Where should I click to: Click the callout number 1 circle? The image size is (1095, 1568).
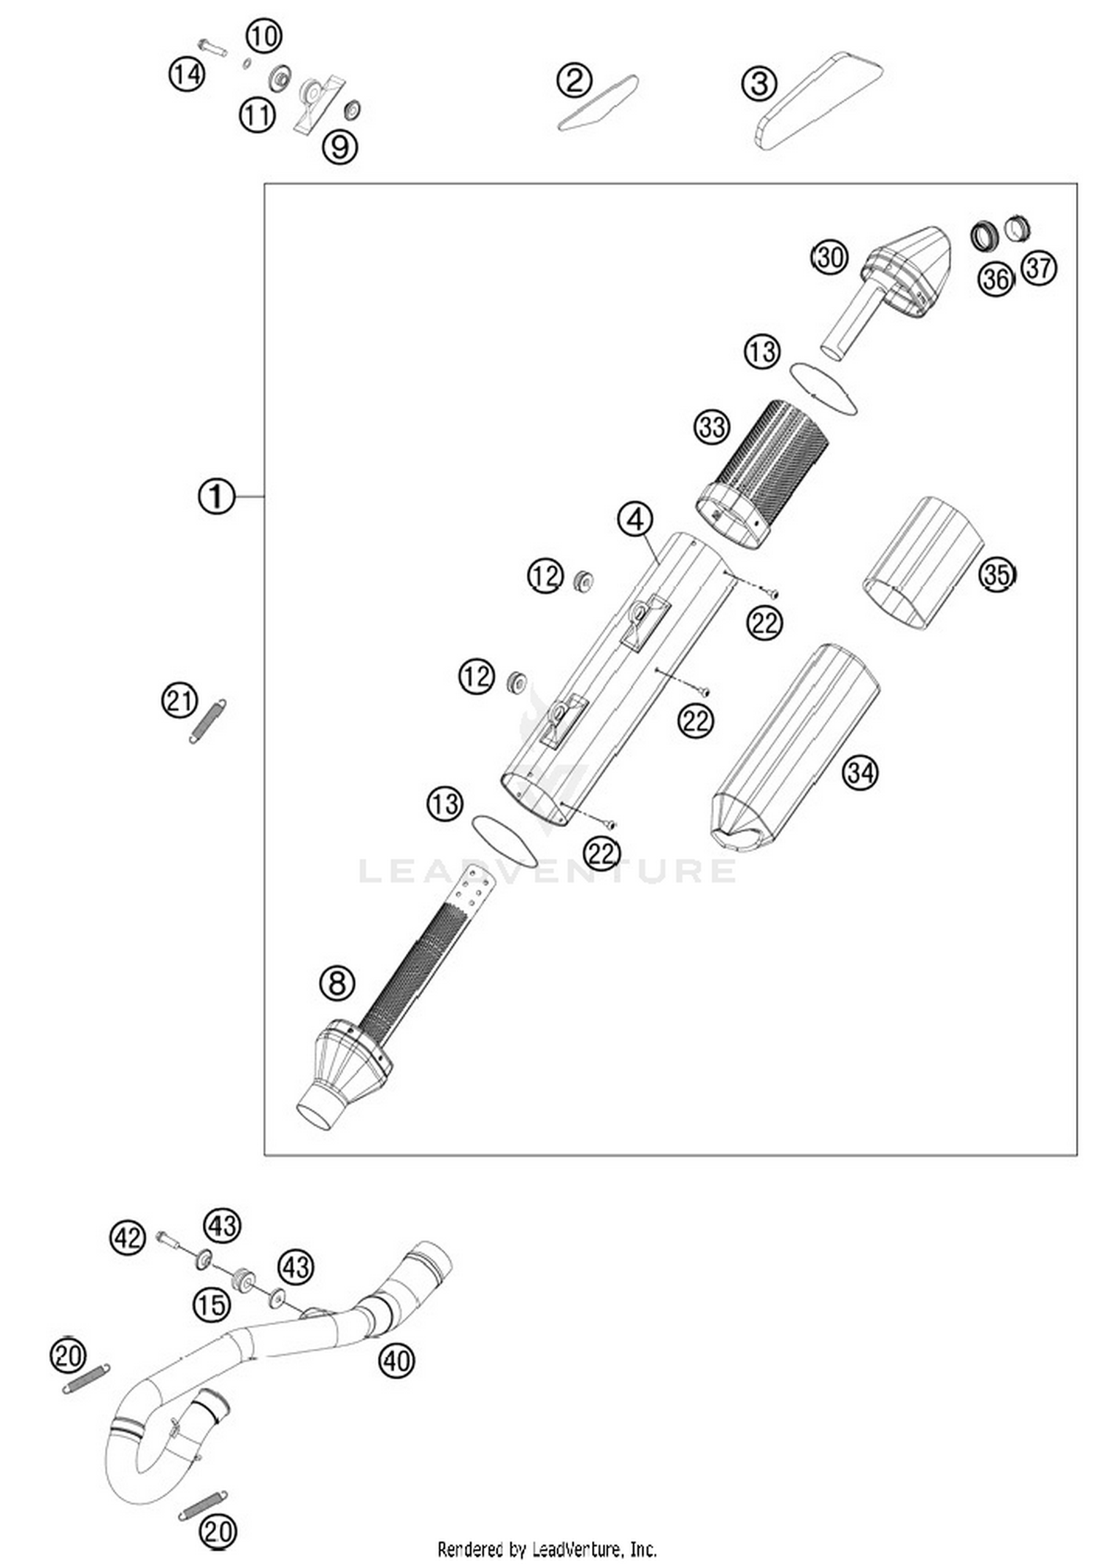(x=216, y=497)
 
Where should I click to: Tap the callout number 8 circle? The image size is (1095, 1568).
(x=337, y=983)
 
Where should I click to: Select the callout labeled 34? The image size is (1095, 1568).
(x=860, y=772)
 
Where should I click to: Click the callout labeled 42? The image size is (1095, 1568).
(x=128, y=1238)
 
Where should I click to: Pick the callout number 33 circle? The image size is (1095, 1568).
(x=711, y=426)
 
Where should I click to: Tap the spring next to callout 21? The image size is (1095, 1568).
(x=208, y=721)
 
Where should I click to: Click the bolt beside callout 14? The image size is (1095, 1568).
(x=212, y=48)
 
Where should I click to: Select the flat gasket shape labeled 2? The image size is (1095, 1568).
(x=597, y=104)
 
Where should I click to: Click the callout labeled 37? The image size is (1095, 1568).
(x=1038, y=268)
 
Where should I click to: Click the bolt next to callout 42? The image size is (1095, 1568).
(x=169, y=1239)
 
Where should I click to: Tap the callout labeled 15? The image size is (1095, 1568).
(x=212, y=1304)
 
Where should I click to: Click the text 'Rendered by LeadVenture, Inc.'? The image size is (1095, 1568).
(x=547, y=1548)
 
